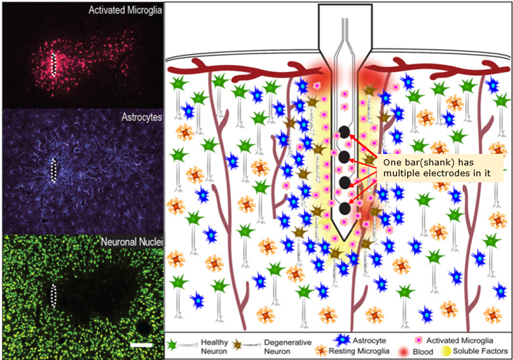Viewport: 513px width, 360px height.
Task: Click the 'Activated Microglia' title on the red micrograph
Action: coord(125,10)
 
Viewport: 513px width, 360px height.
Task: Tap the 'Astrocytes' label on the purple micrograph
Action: coord(142,117)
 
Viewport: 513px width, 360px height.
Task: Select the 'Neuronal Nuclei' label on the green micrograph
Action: coord(132,242)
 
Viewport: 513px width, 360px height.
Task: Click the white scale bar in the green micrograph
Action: coord(142,344)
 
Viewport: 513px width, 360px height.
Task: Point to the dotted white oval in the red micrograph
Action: coord(54,63)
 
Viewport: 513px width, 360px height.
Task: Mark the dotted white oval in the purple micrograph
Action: coord(54,170)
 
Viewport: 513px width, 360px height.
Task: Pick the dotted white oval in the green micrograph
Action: coord(54,296)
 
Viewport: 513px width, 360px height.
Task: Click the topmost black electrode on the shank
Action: coord(344,132)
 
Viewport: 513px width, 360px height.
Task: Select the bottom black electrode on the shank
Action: coord(345,208)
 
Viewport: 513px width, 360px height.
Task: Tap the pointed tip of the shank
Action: coord(344,241)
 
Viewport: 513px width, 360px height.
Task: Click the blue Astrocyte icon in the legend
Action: coord(342,340)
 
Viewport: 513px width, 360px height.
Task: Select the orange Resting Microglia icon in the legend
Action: coord(321,351)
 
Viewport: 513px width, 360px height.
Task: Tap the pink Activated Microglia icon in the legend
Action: coord(418,340)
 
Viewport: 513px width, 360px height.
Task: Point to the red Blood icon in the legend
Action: coord(405,352)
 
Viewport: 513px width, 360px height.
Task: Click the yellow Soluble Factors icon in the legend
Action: coord(446,351)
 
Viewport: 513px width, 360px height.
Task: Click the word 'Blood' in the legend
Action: coord(423,352)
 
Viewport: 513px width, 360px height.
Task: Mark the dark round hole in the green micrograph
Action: coord(143,327)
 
